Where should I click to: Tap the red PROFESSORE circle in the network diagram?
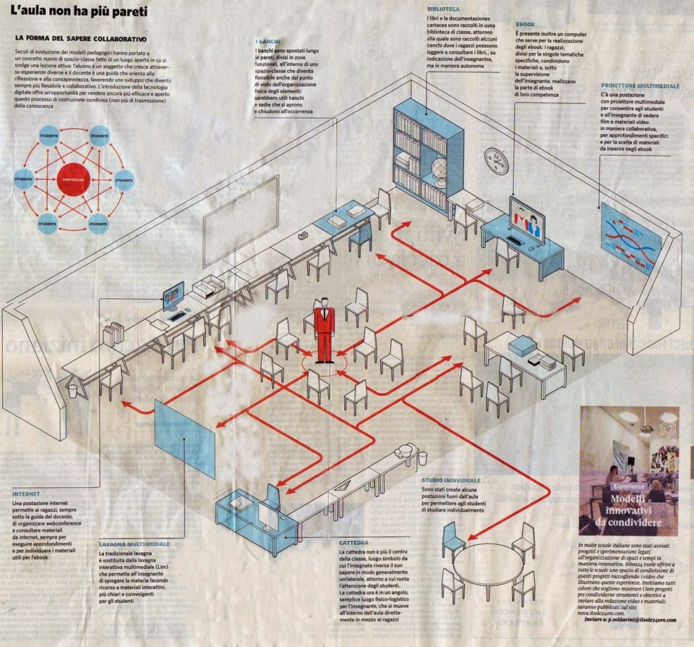point(73,177)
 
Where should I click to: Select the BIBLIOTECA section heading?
point(442,7)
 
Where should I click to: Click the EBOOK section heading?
point(526,24)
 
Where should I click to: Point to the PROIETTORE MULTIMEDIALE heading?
point(640,85)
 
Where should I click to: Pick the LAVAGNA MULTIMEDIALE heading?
point(134,543)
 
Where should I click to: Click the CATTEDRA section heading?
point(354,541)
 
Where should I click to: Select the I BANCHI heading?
point(267,42)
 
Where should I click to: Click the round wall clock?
point(497,161)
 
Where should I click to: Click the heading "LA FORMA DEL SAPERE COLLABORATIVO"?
point(81,37)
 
